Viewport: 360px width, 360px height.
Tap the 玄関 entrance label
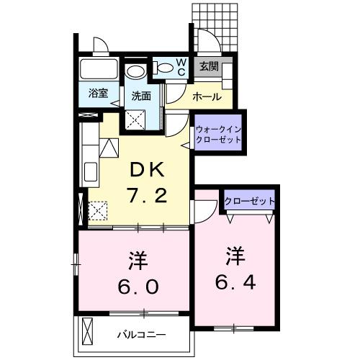(209, 68)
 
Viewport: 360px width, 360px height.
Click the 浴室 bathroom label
(99, 93)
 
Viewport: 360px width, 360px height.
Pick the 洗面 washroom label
(140, 95)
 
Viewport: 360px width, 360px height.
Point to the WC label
(181, 67)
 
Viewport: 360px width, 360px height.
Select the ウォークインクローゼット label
(218, 134)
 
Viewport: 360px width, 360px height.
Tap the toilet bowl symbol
(166, 69)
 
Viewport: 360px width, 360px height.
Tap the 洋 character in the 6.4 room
(235, 254)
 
